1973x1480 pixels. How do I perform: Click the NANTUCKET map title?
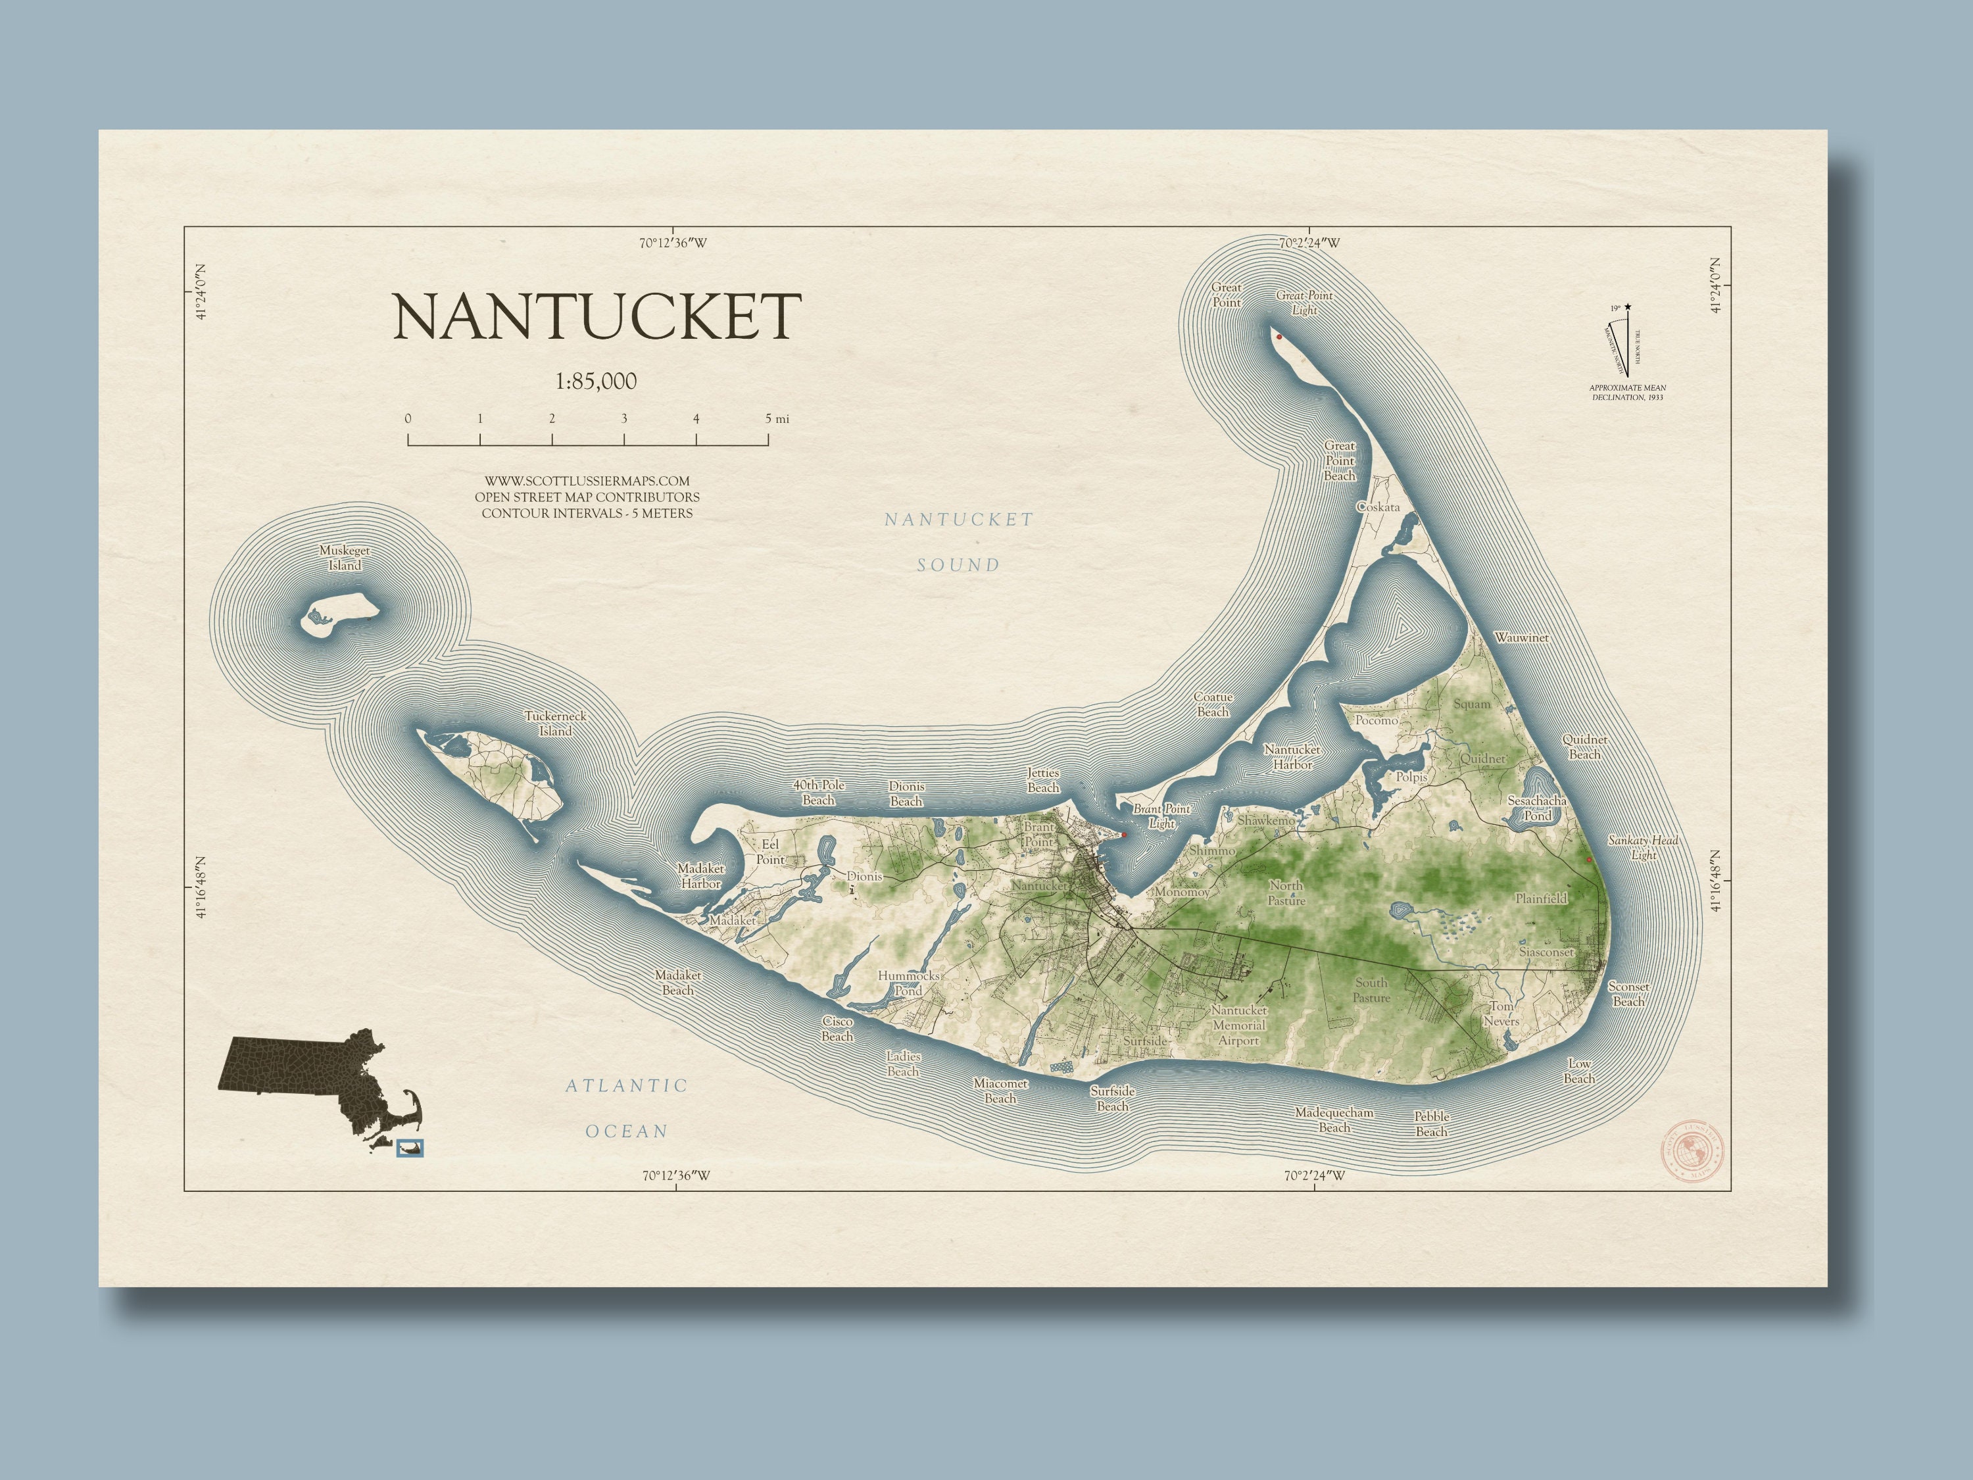(x=596, y=316)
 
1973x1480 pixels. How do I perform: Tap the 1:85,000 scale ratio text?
(x=596, y=382)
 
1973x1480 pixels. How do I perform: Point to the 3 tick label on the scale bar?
(x=624, y=418)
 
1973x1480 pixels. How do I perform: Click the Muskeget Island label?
(x=345, y=558)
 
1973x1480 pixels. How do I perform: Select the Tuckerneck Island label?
(x=555, y=724)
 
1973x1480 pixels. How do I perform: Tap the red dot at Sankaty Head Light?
(x=1588, y=860)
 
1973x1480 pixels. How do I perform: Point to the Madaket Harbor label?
(x=701, y=876)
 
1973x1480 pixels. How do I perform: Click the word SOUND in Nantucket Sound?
(x=959, y=564)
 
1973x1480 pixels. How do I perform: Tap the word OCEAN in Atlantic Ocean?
(x=626, y=1131)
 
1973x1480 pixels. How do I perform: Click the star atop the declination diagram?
(x=1628, y=308)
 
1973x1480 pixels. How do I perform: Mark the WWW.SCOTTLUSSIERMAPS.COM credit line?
(x=587, y=481)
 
